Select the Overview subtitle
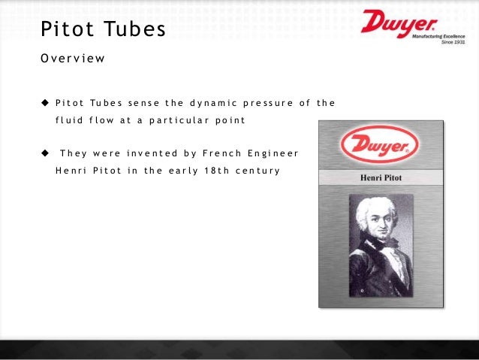pyautogui.click(x=73, y=58)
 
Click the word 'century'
pyautogui.click(x=256, y=171)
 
